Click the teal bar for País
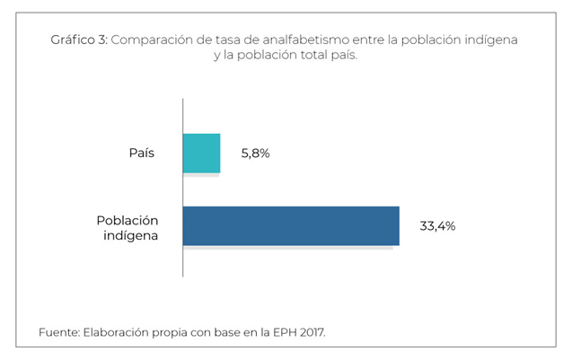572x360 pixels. [x=201, y=153]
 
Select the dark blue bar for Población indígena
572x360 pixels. [x=291, y=225]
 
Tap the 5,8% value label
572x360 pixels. [x=255, y=154]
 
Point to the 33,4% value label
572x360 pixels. [x=437, y=226]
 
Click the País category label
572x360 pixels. [x=142, y=153]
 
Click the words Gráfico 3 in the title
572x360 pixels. [x=82, y=40]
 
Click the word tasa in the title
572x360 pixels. [x=230, y=40]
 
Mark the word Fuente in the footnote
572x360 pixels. [x=57, y=332]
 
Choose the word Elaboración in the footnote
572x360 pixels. [x=116, y=332]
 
